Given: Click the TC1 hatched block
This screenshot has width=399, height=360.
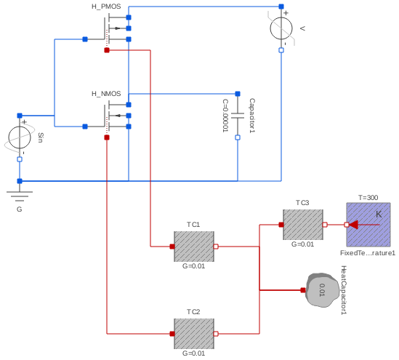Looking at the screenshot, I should [x=194, y=247].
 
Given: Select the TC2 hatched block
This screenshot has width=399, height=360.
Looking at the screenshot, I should [x=194, y=334].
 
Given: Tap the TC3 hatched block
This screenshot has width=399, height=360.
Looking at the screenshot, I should [x=303, y=225].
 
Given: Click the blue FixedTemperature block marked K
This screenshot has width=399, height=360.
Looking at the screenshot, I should [x=368, y=225].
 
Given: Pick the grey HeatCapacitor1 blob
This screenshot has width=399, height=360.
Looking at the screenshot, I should [x=323, y=291].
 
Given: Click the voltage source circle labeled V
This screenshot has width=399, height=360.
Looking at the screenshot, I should [x=281, y=30].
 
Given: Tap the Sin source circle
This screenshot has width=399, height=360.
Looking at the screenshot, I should [x=20, y=137].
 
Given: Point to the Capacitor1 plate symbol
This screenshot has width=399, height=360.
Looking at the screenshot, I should [x=238, y=116].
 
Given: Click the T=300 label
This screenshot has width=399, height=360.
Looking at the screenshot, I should [x=368, y=198].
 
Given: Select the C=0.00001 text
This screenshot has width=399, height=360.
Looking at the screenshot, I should [x=225, y=116].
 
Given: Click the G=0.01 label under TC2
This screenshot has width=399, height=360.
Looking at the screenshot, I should [x=194, y=353].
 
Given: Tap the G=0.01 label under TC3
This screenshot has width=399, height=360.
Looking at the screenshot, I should [x=303, y=244].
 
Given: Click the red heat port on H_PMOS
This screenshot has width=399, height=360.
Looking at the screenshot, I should [x=107, y=50].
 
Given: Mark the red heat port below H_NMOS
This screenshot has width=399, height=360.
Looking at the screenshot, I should [x=107, y=137].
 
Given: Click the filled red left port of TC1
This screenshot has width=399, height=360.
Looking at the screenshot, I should [x=172, y=247].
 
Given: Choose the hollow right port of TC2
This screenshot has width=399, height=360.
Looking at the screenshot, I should [x=216, y=334].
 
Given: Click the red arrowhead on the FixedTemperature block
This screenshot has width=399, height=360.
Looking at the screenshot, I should [x=354, y=225].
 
